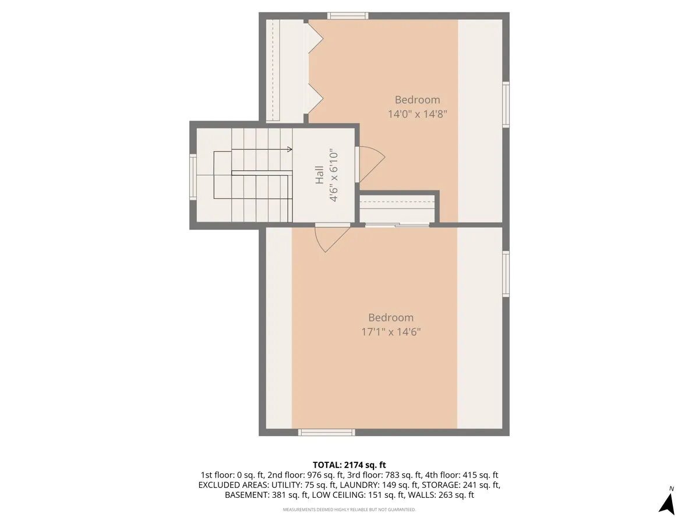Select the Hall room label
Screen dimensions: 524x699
(x=320, y=175)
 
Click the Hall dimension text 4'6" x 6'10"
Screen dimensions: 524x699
(x=334, y=175)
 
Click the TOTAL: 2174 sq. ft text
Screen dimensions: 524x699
(x=349, y=465)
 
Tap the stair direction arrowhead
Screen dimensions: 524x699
(x=290, y=150)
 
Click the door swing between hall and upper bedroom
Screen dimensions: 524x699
(x=370, y=163)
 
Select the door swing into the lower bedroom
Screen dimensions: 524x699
(x=330, y=239)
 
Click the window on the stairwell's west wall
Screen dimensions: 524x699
(x=193, y=177)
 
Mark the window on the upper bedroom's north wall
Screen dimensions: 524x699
(x=347, y=16)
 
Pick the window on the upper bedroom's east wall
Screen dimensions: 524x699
(x=506, y=105)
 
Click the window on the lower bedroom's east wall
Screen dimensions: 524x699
(x=506, y=274)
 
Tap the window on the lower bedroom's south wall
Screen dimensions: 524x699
(x=326, y=432)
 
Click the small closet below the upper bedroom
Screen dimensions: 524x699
(x=397, y=208)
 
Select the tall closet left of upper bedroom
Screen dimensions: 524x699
(x=285, y=71)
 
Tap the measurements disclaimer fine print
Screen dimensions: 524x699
(x=349, y=509)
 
